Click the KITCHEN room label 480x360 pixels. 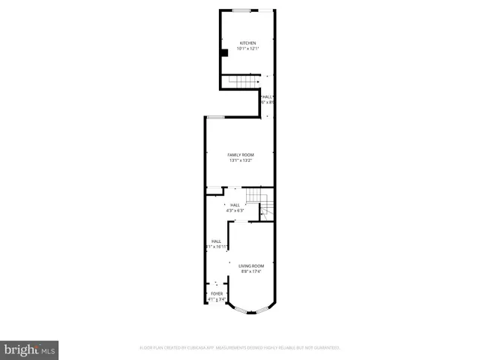247,43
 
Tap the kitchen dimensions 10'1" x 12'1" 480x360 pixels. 247,48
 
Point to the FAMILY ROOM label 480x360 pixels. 241,154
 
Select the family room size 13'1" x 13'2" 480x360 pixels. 241,160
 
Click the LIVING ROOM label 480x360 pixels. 251,265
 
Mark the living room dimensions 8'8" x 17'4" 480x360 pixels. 251,271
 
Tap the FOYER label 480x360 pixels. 217,293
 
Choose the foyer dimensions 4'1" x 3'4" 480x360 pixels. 217,298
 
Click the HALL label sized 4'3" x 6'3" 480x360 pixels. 235,205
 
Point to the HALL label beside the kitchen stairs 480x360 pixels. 268,97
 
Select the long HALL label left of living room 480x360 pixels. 216,241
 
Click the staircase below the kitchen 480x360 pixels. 243,82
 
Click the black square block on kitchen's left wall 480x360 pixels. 224,52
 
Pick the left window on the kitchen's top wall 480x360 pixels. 241,10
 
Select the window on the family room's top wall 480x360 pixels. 216,116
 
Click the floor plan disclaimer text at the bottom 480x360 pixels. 240,348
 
